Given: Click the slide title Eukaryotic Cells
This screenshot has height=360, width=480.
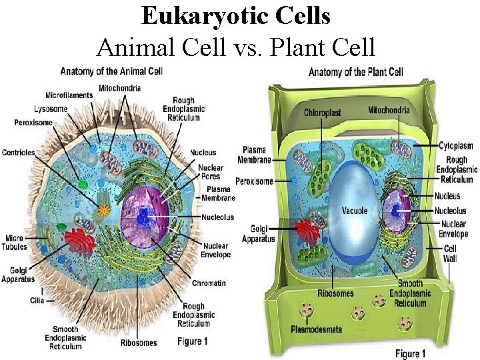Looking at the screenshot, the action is (x=236, y=15).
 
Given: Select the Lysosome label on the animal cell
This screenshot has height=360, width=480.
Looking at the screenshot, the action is (x=32, y=109).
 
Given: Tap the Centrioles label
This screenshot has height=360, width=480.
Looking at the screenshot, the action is (x=19, y=153).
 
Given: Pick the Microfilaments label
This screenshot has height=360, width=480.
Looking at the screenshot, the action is (x=69, y=95).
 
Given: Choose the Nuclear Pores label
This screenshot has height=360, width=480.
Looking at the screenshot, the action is (x=211, y=172).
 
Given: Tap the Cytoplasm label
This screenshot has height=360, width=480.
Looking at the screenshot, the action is (x=456, y=145).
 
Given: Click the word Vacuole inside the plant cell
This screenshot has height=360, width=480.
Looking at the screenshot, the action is (x=354, y=211).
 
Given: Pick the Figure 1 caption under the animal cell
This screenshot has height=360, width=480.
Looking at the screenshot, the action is (x=193, y=341).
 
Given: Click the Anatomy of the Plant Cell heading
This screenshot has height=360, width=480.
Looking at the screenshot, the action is (x=355, y=72).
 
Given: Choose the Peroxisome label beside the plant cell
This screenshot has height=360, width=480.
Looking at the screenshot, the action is (x=254, y=181).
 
